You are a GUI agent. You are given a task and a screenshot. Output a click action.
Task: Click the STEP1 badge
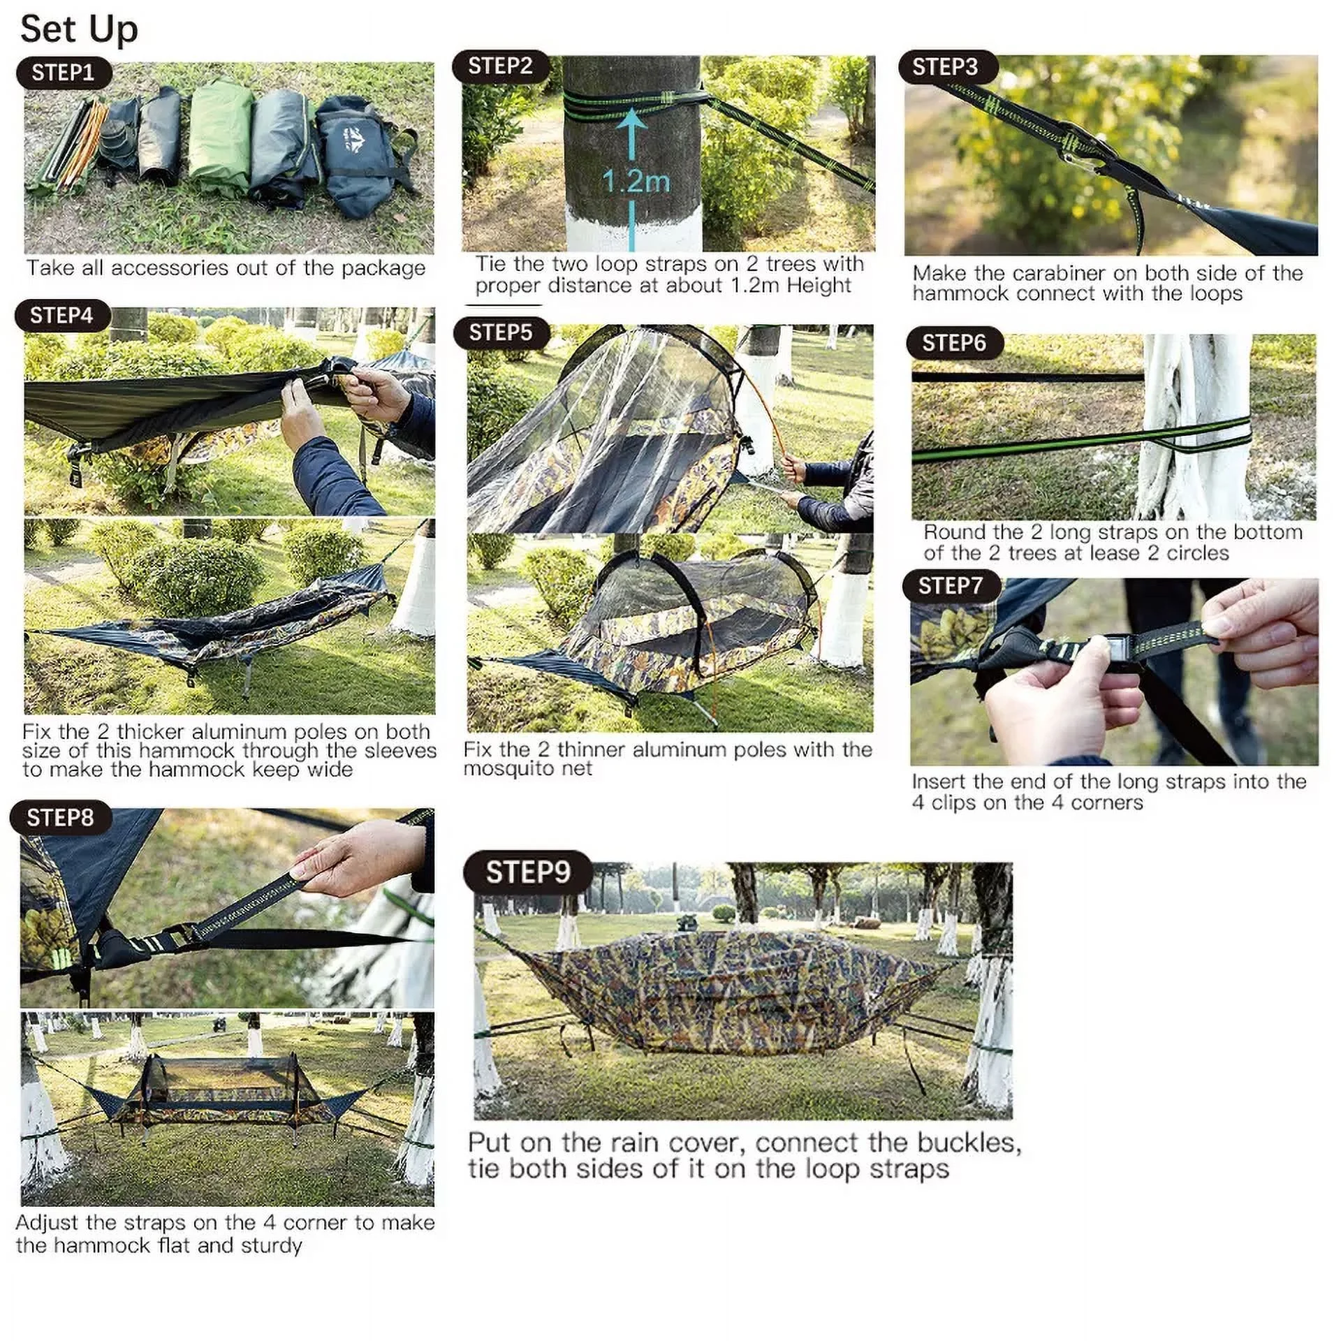click(64, 73)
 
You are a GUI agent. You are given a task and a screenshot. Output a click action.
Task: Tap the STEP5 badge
click(501, 332)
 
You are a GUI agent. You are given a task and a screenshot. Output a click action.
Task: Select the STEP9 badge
click(528, 872)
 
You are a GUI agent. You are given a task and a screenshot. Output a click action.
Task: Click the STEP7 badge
click(951, 585)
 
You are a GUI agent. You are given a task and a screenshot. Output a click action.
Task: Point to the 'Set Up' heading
click(79, 29)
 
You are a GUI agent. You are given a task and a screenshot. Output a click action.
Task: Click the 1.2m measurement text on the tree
click(636, 182)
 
